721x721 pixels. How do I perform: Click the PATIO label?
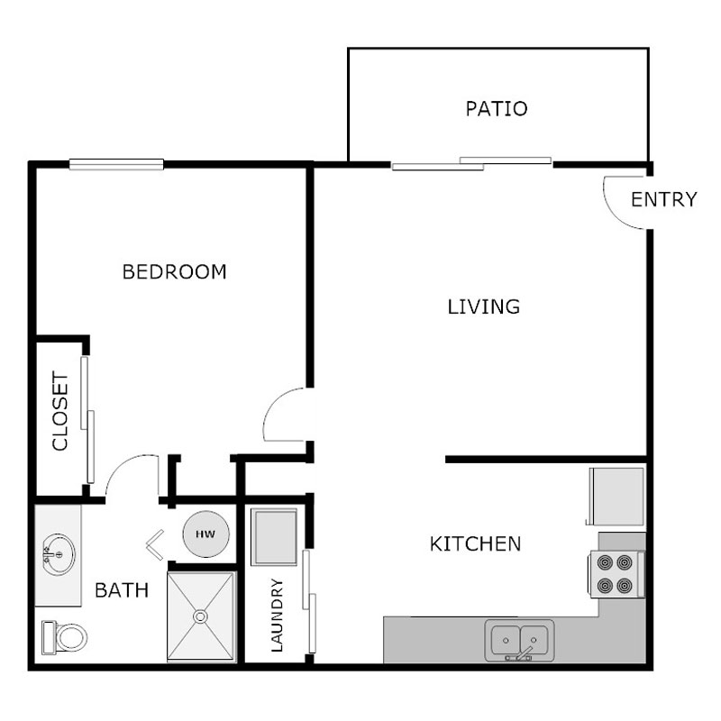point(496,109)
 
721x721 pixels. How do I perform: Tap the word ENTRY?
point(663,199)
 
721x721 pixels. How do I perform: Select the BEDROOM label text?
point(174,271)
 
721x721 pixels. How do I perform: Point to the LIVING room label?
point(484,306)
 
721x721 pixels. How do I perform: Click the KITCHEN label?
point(475,544)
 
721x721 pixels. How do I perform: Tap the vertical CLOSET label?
point(60,411)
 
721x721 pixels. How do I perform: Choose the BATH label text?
point(122,591)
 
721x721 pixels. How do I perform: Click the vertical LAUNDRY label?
point(277,615)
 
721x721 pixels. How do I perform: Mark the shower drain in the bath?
point(201,617)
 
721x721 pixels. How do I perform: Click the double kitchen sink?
point(520,640)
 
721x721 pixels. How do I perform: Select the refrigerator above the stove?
point(617,497)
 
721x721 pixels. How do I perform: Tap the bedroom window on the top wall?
point(116,164)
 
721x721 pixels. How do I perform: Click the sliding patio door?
point(472,163)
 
